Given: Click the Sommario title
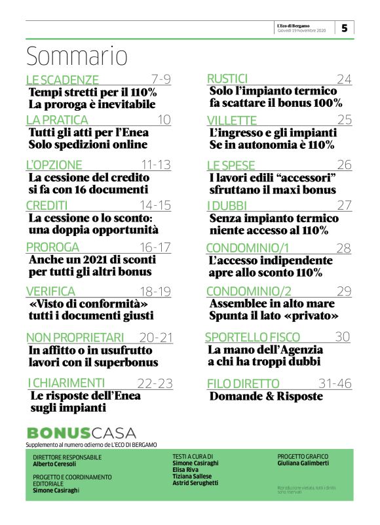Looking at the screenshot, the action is point(76,56).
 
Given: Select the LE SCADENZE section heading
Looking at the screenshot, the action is point(62,80).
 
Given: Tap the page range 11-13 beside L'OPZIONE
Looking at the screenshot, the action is point(157,165).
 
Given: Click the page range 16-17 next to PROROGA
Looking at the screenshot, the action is point(156,247).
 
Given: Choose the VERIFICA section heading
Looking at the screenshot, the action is point(50,290).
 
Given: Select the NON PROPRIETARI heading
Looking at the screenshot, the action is point(75,337).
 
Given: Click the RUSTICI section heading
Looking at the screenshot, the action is point(227,79).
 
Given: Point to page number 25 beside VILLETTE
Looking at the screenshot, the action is point(345,119).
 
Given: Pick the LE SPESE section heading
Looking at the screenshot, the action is point(231,165).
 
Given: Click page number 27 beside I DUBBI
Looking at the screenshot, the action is point(345,206).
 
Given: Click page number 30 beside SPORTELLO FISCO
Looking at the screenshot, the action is point(343,337).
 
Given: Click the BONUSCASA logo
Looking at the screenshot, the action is point(81,433).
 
